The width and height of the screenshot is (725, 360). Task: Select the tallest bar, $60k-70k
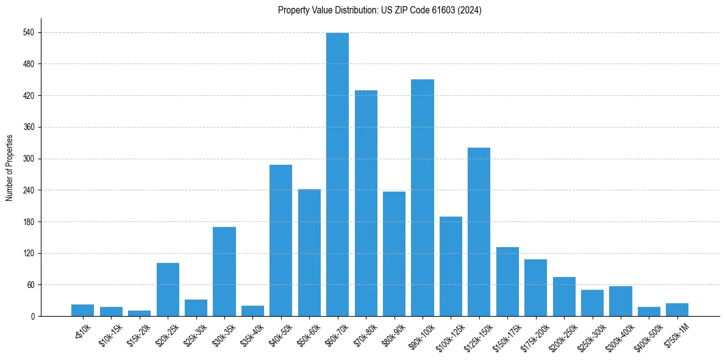coord(337,175)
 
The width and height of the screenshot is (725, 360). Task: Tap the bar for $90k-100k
coord(423,198)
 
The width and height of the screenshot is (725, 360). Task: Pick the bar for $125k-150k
coord(479,232)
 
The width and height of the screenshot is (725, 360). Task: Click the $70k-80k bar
coord(366,203)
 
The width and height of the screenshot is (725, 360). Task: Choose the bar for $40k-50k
coord(280,240)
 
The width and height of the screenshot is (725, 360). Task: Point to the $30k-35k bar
coord(224,272)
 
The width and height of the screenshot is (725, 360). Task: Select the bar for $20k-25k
coord(168,289)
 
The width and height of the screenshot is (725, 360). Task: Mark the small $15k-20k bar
coord(139,313)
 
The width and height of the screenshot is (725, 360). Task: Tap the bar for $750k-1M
coord(677,309)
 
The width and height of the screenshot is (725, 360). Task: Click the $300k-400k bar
coord(621,301)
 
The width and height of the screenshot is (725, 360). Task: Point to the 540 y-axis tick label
coord(28,32)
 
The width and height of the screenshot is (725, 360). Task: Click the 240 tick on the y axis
coord(28,190)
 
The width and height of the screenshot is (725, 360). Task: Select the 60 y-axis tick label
coord(30,285)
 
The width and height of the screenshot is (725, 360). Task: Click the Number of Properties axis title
coord(9,168)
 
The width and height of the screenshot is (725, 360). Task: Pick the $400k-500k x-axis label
coord(647,336)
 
